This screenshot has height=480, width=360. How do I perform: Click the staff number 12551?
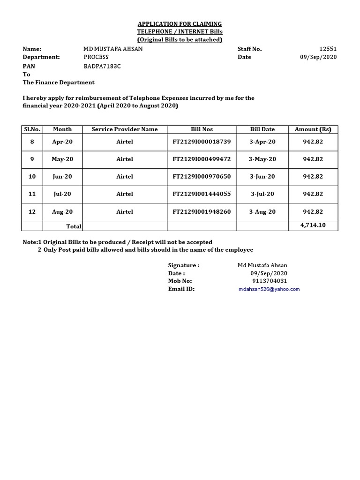tap(328, 49)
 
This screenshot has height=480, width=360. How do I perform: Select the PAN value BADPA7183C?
tap(102, 66)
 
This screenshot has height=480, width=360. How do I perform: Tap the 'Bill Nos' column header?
tap(202, 129)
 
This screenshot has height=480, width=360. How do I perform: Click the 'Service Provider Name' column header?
tap(125, 129)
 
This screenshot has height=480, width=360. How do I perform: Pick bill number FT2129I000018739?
tap(202, 142)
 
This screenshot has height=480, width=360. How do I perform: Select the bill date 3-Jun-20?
tap(262, 177)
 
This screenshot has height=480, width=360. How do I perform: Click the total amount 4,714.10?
tap(313, 225)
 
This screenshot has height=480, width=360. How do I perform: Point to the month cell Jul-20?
tap(62, 194)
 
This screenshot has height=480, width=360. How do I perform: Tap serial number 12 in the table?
tap(32, 212)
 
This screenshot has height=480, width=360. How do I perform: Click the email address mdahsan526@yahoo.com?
tap(269, 289)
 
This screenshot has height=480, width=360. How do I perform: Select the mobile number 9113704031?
tap(270, 281)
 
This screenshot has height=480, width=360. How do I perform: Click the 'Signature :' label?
tap(184, 265)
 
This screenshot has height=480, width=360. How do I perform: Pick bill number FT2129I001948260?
tap(202, 212)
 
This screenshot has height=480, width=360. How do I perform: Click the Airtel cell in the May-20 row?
tap(125, 159)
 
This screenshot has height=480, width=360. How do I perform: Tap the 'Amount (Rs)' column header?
tap(313, 129)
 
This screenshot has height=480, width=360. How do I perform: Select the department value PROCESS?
tap(96, 57)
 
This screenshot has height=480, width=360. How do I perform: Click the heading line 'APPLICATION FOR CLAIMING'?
tap(180, 24)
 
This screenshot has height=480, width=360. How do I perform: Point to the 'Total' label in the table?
tap(74, 226)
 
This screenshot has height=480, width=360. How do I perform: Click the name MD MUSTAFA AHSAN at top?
tap(113, 49)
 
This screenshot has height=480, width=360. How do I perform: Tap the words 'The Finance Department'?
tap(59, 82)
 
